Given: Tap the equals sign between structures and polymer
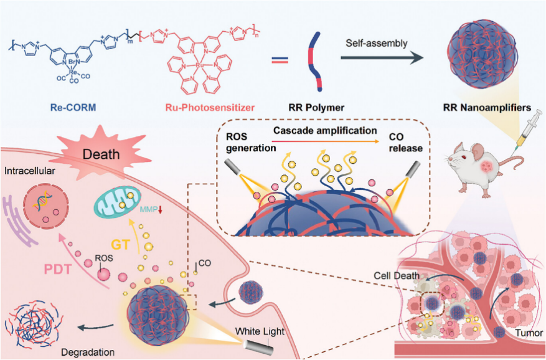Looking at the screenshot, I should [x=280, y=60].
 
